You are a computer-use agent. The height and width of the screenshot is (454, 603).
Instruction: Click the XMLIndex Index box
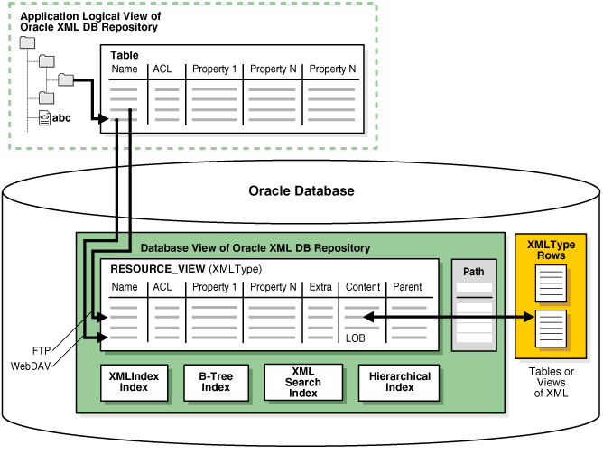click(x=128, y=383)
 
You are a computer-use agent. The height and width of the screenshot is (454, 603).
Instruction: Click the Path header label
click(x=474, y=272)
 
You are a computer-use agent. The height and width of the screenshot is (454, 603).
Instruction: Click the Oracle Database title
click(x=301, y=191)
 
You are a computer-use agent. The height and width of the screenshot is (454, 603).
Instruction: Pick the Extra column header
click(x=320, y=287)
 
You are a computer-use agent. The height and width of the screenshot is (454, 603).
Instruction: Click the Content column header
click(x=362, y=287)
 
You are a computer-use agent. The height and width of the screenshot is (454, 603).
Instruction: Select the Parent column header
click(x=410, y=287)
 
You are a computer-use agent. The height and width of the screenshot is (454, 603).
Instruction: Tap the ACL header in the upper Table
click(x=162, y=69)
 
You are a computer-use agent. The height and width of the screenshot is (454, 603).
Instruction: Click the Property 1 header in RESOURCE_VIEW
click(x=215, y=287)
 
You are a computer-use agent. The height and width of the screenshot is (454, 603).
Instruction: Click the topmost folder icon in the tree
click(x=27, y=42)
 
